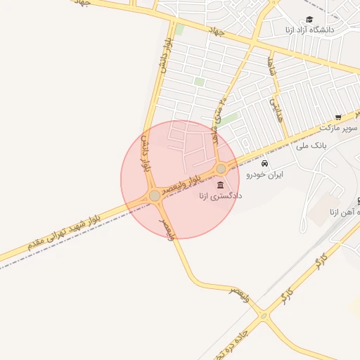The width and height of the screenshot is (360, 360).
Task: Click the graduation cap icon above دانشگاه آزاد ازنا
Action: pos(309,20)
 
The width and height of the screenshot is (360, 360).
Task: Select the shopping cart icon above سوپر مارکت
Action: pos(338,117)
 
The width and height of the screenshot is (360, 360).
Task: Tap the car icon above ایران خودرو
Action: pos(264,164)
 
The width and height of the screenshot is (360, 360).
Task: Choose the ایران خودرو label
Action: pos(264,175)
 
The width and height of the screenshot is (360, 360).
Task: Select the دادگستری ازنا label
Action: pos(220,197)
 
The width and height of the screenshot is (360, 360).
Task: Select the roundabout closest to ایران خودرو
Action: pos(221,168)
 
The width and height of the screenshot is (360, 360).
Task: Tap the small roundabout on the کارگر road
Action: pos(264,316)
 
